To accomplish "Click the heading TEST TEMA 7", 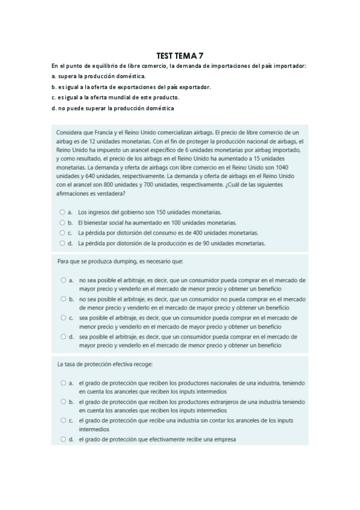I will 180,55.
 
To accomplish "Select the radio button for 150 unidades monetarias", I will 63,212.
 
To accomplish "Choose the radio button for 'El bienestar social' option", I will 63,223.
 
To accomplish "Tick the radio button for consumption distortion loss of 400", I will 63,233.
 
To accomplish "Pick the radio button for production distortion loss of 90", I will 63,243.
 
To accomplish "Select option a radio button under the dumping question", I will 63,280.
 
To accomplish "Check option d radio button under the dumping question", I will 63,337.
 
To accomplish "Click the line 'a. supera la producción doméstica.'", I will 99,76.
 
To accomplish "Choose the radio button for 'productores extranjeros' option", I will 63,401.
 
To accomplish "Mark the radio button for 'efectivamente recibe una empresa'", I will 63,440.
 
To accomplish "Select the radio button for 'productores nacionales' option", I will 63,382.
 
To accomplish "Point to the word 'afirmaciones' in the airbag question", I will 74,193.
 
